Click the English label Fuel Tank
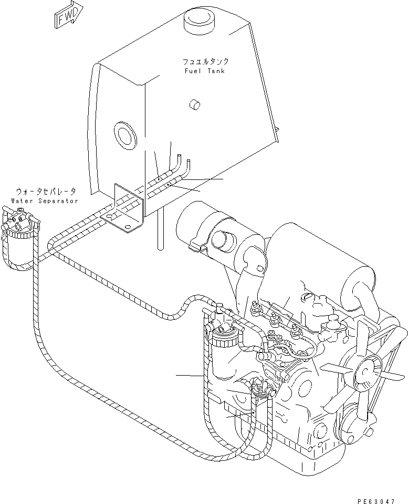pyautogui.click(x=204, y=71)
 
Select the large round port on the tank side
pyautogui.click(x=125, y=134)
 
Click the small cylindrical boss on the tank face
pyautogui.click(x=195, y=105)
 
